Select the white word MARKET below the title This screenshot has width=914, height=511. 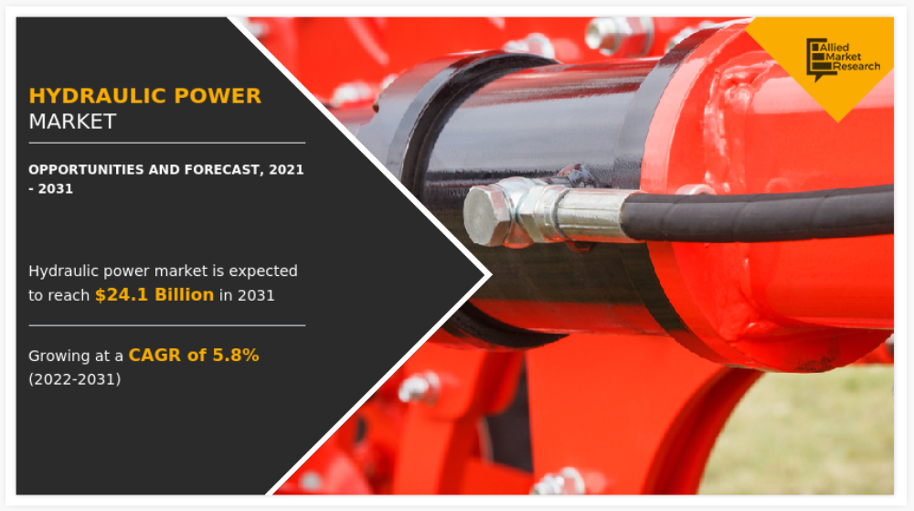(x=72, y=122)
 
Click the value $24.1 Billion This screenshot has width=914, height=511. (x=154, y=295)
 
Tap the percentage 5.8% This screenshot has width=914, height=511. (x=236, y=355)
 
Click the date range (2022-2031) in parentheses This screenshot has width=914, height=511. (x=75, y=379)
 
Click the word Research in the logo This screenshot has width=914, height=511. (x=856, y=67)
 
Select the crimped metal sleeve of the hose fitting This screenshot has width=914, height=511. (x=589, y=213)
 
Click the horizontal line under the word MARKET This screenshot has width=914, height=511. (x=166, y=143)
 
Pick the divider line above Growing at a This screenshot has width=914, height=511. (x=166, y=325)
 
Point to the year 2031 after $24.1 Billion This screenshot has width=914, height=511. (x=256, y=295)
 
